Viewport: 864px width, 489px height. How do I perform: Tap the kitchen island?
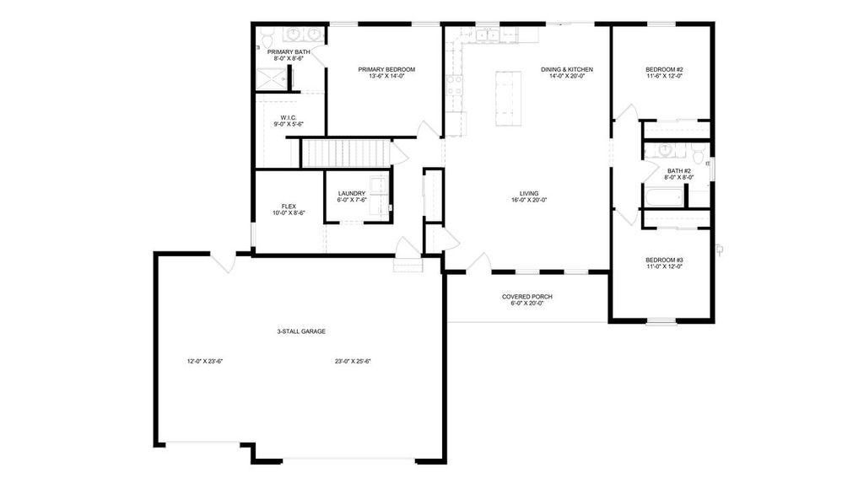(x=508, y=99)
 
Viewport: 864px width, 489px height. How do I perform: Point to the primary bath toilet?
(x=267, y=38)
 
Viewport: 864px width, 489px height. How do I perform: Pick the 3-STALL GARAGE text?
(x=301, y=331)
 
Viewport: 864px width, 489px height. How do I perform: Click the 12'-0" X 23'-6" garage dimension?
(x=204, y=361)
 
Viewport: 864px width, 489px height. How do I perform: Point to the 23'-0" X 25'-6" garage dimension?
(x=353, y=361)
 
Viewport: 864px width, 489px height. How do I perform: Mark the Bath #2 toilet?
(x=697, y=154)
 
